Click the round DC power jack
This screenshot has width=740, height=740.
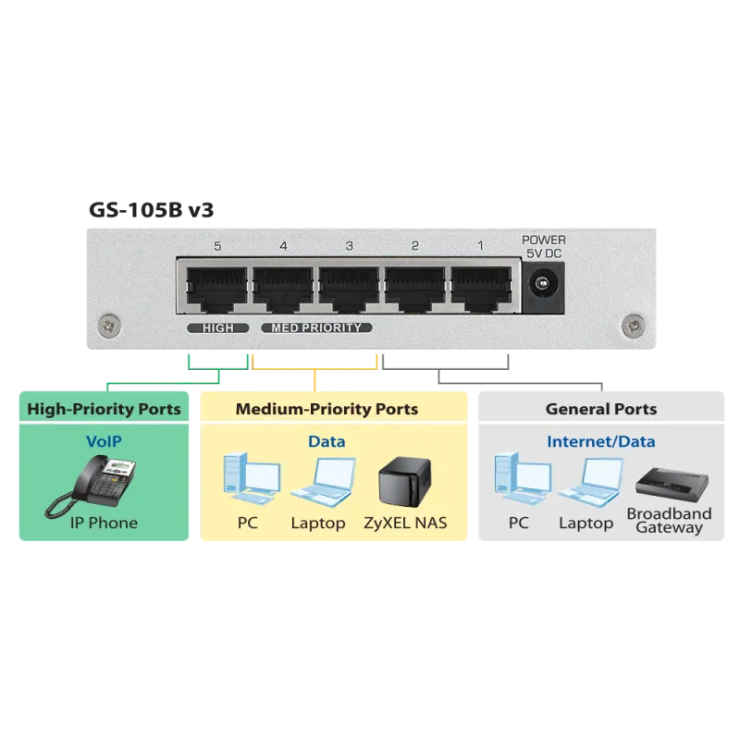(543, 283)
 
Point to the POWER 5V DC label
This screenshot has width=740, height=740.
(544, 247)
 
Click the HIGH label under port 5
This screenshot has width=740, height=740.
(217, 327)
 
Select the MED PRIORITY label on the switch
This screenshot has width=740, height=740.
(316, 327)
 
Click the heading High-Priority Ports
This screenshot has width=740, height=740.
(104, 409)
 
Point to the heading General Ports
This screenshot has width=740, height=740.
(600, 409)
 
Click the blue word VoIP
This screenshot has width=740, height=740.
(104, 441)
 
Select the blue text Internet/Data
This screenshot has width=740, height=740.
(600, 441)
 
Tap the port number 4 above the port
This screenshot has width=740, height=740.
(283, 246)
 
